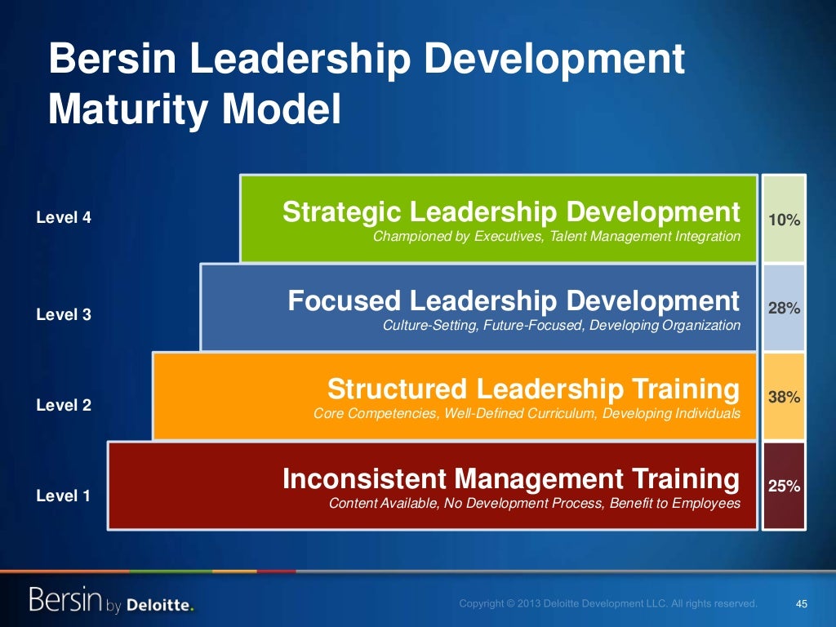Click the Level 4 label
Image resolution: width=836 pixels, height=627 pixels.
click(64, 218)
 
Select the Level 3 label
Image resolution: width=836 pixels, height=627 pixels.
click(64, 314)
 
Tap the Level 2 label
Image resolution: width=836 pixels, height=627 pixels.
click(64, 405)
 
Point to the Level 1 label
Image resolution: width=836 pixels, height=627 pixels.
click(64, 496)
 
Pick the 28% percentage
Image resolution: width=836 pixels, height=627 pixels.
click(784, 309)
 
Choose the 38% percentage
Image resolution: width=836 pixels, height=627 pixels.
click(784, 398)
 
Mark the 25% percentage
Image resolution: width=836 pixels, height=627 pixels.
click(784, 487)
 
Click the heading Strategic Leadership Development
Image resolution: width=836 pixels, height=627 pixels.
click(511, 212)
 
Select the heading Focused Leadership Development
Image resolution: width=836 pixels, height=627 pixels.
click(514, 301)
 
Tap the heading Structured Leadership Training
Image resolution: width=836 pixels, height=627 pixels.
click(533, 388)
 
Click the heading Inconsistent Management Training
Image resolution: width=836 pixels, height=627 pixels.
click(511, 478)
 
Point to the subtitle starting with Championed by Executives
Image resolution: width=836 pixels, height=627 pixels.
click(557, 237)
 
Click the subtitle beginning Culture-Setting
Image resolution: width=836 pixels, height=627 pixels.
click(562, 325)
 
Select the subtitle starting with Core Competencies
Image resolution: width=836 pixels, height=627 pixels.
click(527, 414)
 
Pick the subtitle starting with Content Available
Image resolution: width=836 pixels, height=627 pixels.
click(534, 503)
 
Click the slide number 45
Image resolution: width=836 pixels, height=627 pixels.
click(801, 604)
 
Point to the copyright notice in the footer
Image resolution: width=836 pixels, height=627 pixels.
click(608, 604)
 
